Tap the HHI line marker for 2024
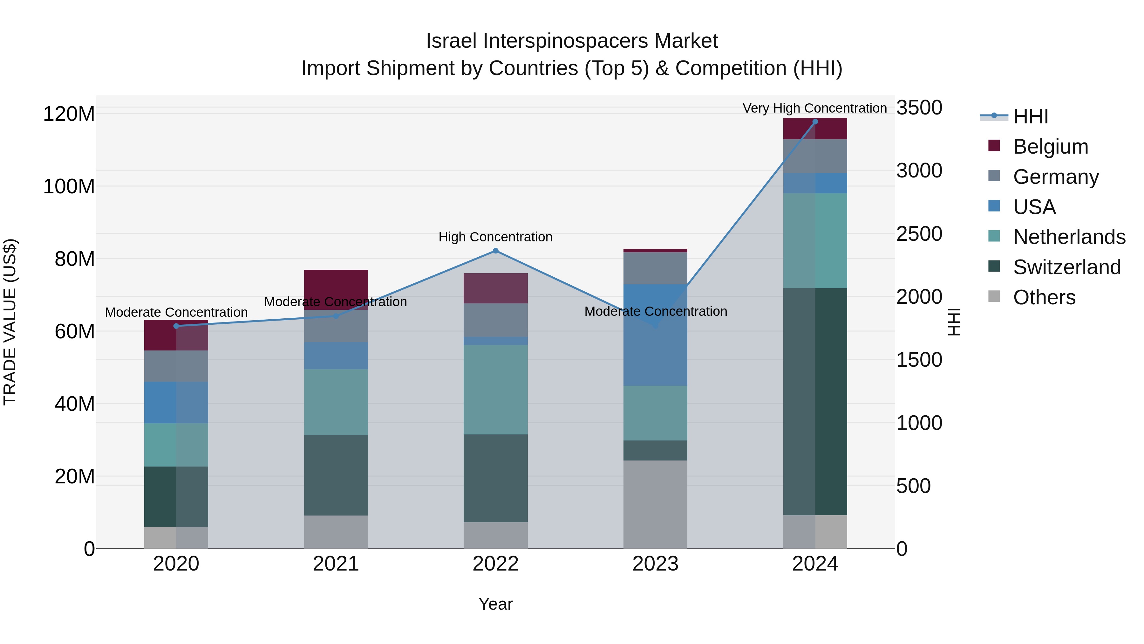pos(815,122)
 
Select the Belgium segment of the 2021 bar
pos(336,284)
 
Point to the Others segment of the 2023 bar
pos(656,504)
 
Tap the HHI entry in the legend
pos(1030,116)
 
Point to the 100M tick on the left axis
pos(69,186)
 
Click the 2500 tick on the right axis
pos(919,234)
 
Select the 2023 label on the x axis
pos(656,564)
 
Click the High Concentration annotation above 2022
pos(496,237)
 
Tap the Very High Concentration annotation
pos(814,108)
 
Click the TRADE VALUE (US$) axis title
pos(10,322)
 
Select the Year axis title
pos(496,604)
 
